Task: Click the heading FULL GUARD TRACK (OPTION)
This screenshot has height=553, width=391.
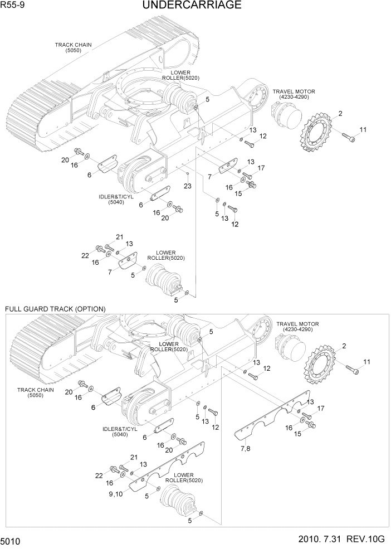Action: [55, 309]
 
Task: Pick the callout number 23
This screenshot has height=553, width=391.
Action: [188, 186]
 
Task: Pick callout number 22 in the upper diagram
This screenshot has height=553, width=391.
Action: [85, 255]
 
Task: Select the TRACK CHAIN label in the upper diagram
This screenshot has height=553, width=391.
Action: [73, 47]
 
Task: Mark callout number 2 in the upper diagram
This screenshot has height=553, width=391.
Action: [340, 114]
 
